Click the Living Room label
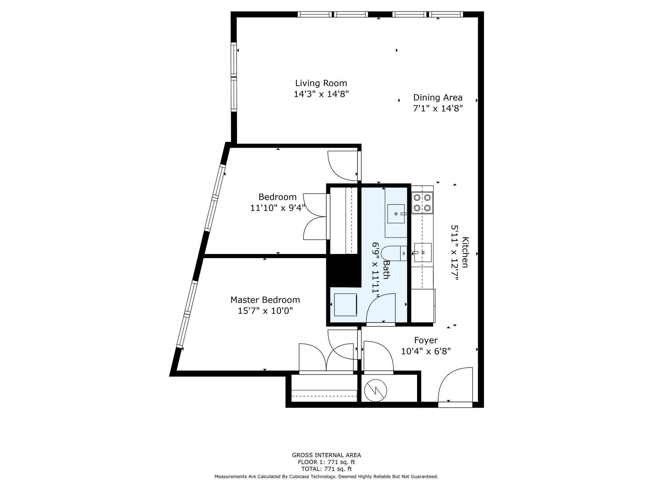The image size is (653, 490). click(x=321, y=83)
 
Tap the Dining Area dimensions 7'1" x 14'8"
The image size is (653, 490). click(x=438, y=108)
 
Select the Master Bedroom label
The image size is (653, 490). click(x=265, y=300)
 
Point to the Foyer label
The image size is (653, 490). click(x=426, y=340)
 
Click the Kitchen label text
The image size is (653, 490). click(x=465, y=252)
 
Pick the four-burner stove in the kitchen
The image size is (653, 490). click(x=422, y=203)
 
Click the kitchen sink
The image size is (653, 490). click(x=422, y=253)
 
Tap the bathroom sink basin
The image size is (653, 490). click(x=396, y=214)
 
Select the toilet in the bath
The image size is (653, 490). click(x=394, y=253)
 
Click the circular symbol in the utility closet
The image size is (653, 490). click(x=376, y=390)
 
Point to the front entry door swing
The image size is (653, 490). click(x=455, y=386)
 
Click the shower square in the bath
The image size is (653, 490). click(x=345, y=305)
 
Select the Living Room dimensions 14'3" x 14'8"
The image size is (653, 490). click(x=321, y=94)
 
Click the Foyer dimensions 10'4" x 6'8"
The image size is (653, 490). click(x=426, y=352)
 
